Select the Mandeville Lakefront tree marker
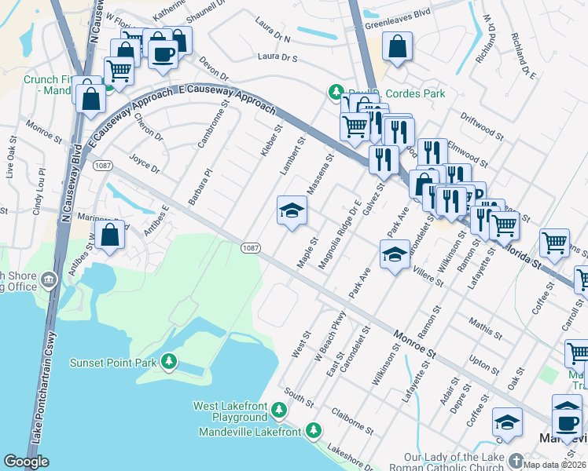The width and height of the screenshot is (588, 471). [x=313, y=430]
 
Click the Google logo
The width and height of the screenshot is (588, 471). [x=26, y=462]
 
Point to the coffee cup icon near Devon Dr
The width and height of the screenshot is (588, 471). [x=163, y=54]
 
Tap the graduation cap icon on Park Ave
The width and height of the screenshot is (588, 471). [x=395, y=254]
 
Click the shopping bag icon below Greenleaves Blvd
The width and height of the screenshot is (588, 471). [x=398, y=46]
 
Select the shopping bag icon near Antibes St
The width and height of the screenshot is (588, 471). [x=112, y=234]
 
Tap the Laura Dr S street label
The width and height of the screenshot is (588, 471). [x=278, y=57]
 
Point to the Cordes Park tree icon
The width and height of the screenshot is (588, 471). [x=336, y=93]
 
